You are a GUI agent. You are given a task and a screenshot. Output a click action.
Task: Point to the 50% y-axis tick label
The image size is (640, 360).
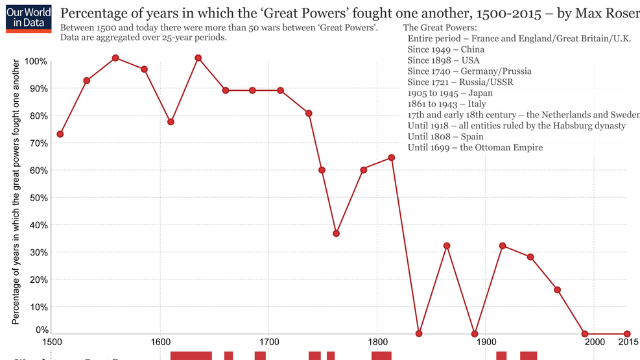pyautogui.click(x=37, y=197)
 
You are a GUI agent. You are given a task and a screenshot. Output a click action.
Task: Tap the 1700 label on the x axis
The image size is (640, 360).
pyautogui.click(x=268, y=342)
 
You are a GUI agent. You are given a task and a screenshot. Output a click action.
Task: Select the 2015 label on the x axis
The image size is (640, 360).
pyautogui.click(x=627, y=342)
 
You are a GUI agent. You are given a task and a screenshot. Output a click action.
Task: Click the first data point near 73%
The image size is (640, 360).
pyautogui.click(x=60, y=134)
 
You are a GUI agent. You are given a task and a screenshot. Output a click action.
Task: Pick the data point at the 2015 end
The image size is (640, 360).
pyautogui.click(x=627, y=333)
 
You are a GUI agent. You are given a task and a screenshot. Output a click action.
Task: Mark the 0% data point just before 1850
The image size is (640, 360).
pyautogui.click(x=419, y=333)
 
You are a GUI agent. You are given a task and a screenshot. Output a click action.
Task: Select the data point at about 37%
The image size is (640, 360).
pyautogui.click(x=336, y=234)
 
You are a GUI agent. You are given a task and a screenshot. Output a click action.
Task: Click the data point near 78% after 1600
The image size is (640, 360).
pyautogui.click(x=171, y=122)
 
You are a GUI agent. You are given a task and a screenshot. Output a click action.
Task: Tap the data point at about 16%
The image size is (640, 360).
pyautogui.click(x=557, y=290)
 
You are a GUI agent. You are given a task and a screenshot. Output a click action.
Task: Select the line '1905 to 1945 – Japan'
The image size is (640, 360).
pyautogui.click(x=450, y=93)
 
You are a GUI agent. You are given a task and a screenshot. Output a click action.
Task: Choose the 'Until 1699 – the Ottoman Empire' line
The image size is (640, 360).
pyautogui.click(x=475, y=148)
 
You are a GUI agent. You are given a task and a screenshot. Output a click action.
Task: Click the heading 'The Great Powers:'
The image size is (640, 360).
pyautogui.click(x=440, y=27)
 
